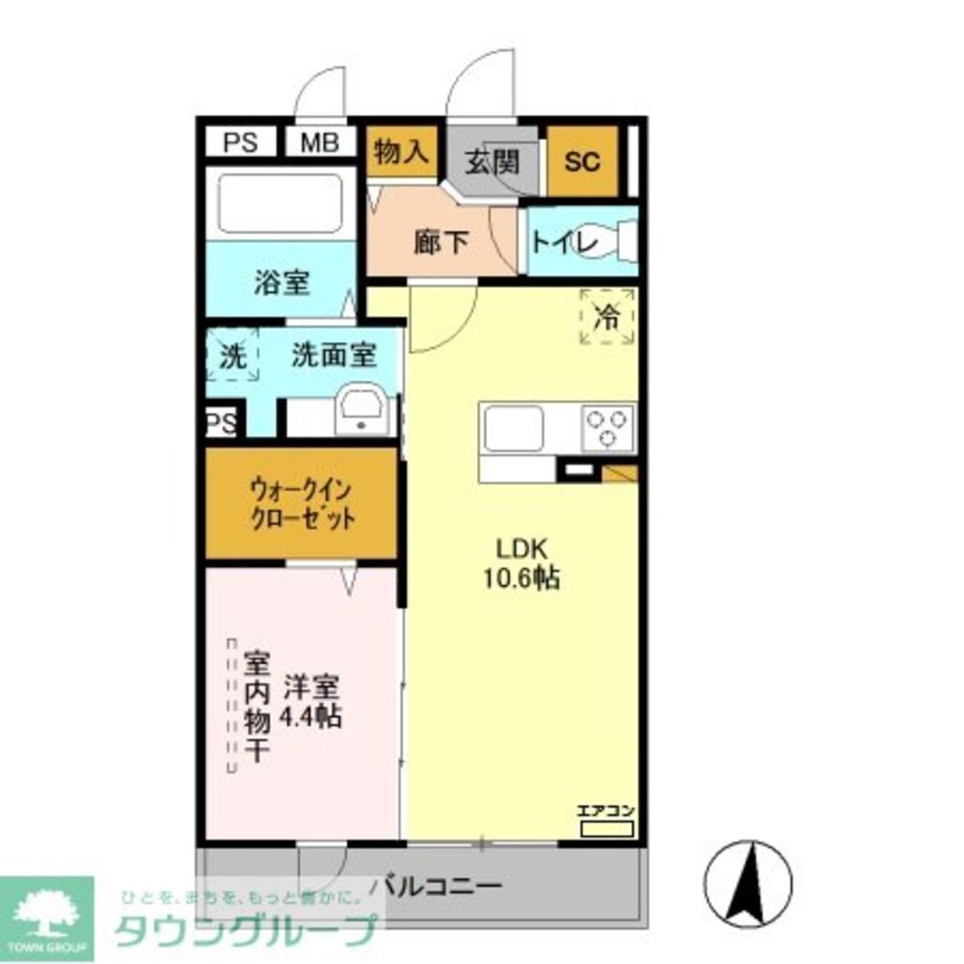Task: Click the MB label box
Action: point(321,143)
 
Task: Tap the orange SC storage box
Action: point(582,161)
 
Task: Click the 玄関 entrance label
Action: point(493,161)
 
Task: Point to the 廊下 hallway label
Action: point(442,243)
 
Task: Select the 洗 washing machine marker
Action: point(232,356)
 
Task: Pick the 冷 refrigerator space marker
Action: point(607,315)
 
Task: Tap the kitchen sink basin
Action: point(514,428)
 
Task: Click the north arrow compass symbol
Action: point(748,879)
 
